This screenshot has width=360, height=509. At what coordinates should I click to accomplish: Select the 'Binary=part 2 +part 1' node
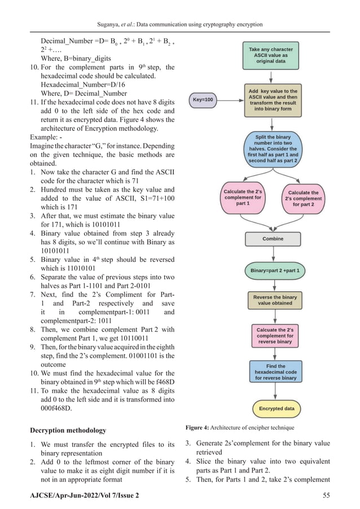(275, 271)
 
